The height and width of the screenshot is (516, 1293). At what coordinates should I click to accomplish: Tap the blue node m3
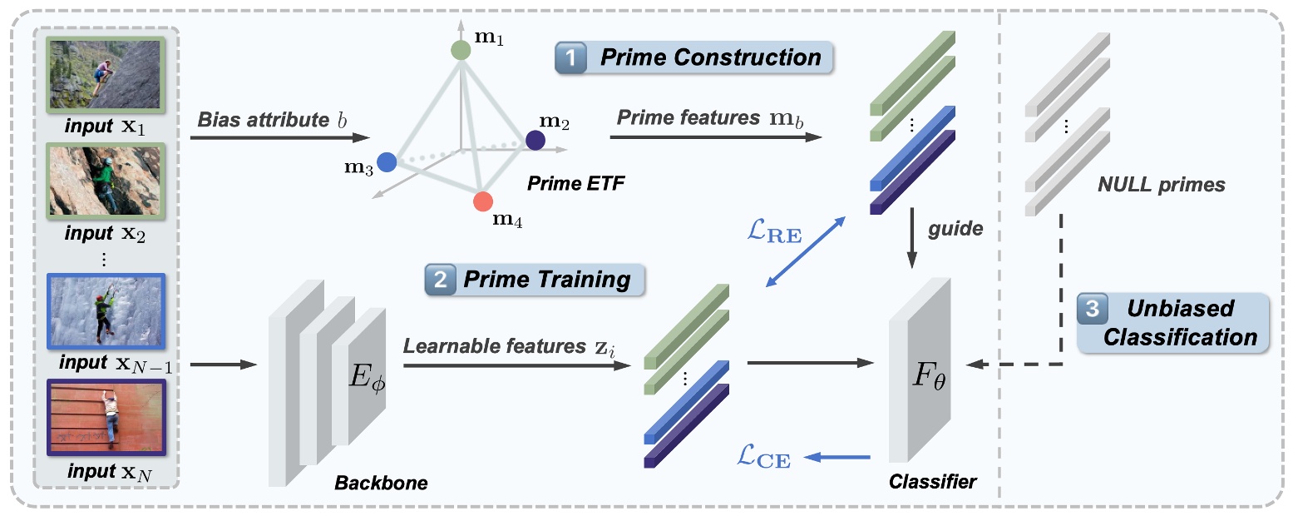point(386,161)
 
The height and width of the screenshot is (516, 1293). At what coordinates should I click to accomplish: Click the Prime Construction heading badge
point(695,58)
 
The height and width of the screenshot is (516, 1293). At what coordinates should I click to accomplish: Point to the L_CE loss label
point(764,455)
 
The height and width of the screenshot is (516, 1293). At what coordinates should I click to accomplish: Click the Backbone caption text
point(381,483)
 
